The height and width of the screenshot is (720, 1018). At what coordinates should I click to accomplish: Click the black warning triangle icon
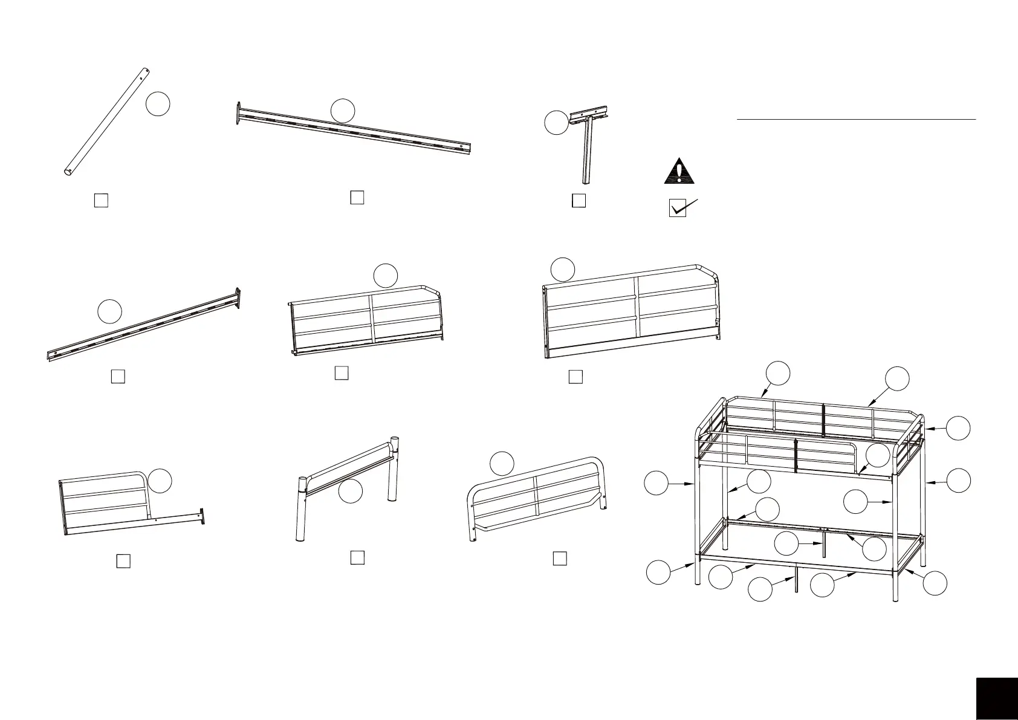(679, 171)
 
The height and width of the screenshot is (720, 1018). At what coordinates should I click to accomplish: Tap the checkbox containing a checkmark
(678, 209)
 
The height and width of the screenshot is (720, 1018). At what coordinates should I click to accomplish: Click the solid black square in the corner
(996, 698)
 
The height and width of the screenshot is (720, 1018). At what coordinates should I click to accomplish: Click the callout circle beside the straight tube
(158, 105)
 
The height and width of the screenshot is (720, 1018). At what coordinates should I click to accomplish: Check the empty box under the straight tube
(102, 200)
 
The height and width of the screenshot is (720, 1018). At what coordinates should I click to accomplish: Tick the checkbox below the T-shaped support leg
(579, 201)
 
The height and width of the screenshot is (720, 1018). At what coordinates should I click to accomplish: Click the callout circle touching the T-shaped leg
(556, 123)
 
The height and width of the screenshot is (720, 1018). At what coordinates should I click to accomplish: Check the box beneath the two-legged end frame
(357, 557)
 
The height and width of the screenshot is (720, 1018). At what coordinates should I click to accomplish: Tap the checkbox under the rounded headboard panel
(560, 558)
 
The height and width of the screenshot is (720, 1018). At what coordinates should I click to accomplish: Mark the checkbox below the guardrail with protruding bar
(123, 561)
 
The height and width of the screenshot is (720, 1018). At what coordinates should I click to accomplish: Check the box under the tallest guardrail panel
(575, 377)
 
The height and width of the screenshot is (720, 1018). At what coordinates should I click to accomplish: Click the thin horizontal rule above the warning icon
(856, 120)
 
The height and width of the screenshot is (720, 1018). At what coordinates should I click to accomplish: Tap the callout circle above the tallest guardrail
(563, 269)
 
